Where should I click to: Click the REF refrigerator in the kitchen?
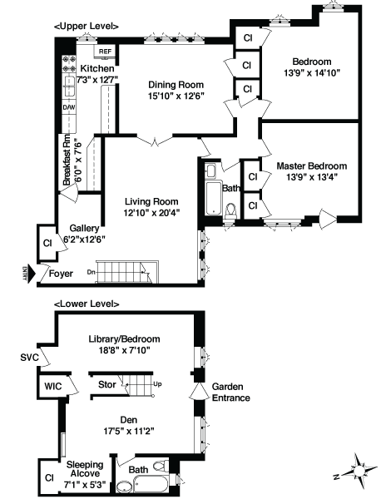105,52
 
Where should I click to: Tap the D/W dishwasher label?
69,107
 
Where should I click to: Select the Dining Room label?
176,85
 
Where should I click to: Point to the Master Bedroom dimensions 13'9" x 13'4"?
311,177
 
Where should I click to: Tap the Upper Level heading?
87,27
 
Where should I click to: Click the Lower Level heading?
87,304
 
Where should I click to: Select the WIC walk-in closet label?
53,387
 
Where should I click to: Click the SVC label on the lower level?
29,358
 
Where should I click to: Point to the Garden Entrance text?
231,393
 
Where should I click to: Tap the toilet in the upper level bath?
230,211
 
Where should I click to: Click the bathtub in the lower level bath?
151,484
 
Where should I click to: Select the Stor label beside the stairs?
107,385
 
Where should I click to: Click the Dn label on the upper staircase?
91,272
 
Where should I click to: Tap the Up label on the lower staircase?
157,384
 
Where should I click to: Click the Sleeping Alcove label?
85,469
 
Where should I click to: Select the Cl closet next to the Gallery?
47,244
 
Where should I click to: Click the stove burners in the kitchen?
69,64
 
